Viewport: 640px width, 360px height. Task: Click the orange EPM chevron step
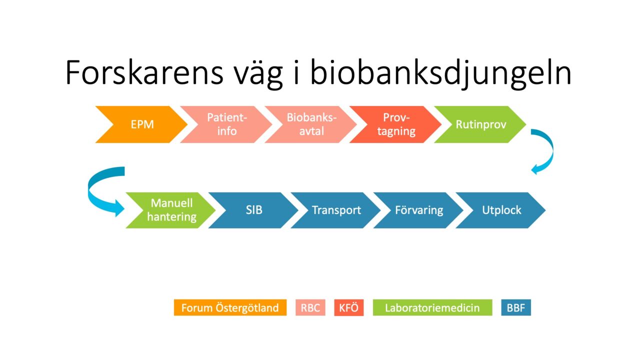point(142,124)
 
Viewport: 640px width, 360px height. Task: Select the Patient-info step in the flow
point(227,124)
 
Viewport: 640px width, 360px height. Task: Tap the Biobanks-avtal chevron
point(311,124)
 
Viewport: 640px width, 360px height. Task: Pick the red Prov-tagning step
point(396,124)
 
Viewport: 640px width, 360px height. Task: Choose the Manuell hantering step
point(171,210)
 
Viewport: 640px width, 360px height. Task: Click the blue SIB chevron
point(253,210)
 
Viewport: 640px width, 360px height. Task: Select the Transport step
point(336,210)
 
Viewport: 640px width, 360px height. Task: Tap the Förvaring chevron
point(418,210)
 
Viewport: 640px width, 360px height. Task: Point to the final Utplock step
point(501,210)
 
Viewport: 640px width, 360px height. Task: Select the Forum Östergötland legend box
point(230,307)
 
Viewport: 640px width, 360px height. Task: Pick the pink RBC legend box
point(310,307)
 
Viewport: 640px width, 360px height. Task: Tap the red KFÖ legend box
point(348,307)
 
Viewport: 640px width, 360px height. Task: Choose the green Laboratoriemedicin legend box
point(432,307)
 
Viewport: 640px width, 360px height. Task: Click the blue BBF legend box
point(515,307)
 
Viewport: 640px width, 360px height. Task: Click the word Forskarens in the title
point(144,73)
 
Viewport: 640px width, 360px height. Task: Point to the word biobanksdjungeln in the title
point(440,73)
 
